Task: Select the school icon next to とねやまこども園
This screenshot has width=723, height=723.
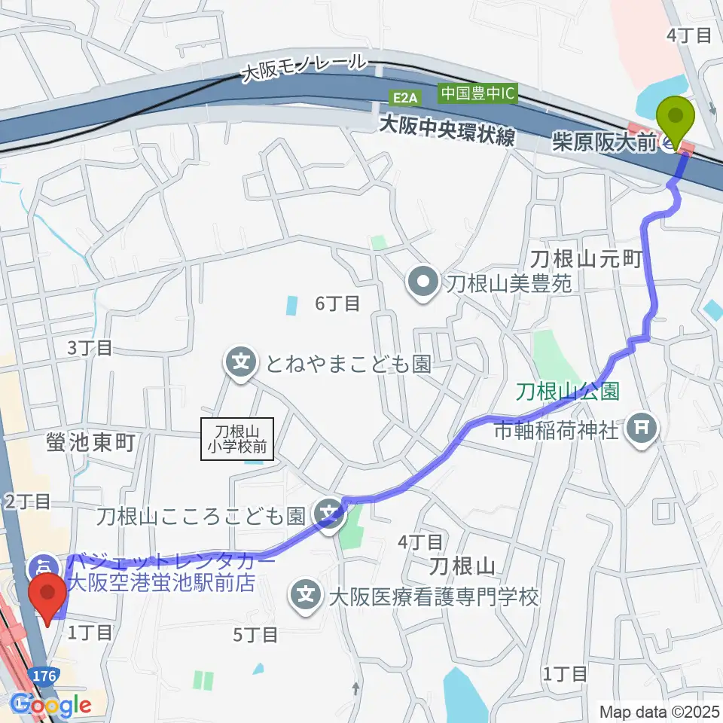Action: coord(239,365)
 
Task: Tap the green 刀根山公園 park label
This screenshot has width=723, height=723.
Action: coord(567,392)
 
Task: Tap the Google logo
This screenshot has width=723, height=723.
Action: coord(50,705)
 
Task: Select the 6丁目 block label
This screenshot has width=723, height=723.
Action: coord(337,304)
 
